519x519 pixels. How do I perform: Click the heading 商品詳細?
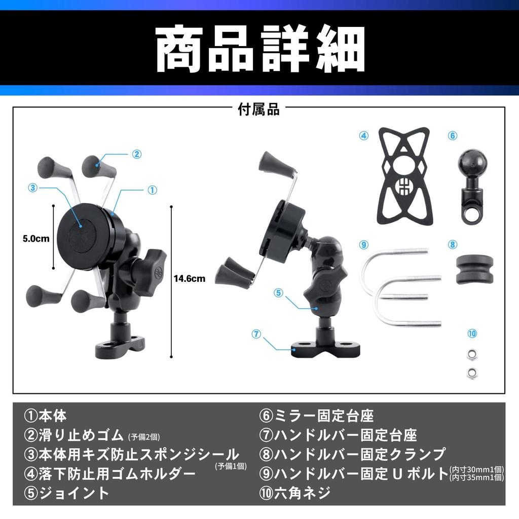[x=259, y=49]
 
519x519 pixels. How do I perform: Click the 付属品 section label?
[x=259, y=109]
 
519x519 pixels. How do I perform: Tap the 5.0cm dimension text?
[x=36, y=238]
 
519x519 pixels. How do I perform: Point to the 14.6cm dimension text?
[x=189, y=278]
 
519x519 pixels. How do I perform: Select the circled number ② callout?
[x=136, y=154]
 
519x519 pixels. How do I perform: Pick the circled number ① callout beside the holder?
[x=152, y=190]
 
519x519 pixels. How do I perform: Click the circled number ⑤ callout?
[x=278, y=292]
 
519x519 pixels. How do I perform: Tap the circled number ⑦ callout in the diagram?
[x=256, y=334]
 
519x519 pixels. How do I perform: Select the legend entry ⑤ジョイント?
[x=66, y=492]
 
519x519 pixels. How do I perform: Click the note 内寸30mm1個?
[x=476, y=469]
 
